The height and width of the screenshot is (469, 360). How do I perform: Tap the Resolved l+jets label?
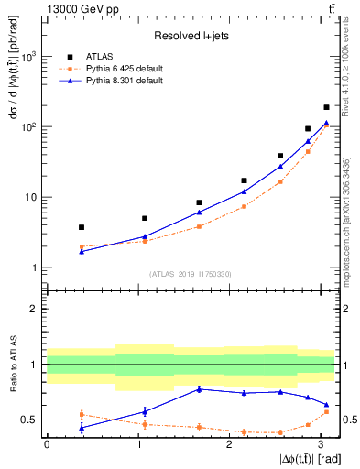tap(190, 36)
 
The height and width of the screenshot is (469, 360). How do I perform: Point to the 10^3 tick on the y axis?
tap(29, 57)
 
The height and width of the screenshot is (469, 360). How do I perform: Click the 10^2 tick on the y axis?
tap(29, 127)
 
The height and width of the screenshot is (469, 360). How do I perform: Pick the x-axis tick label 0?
tap(47, 444)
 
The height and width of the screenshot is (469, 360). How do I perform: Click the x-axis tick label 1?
tap(138, 444)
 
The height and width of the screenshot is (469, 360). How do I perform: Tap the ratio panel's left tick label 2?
tap(34, 309)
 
